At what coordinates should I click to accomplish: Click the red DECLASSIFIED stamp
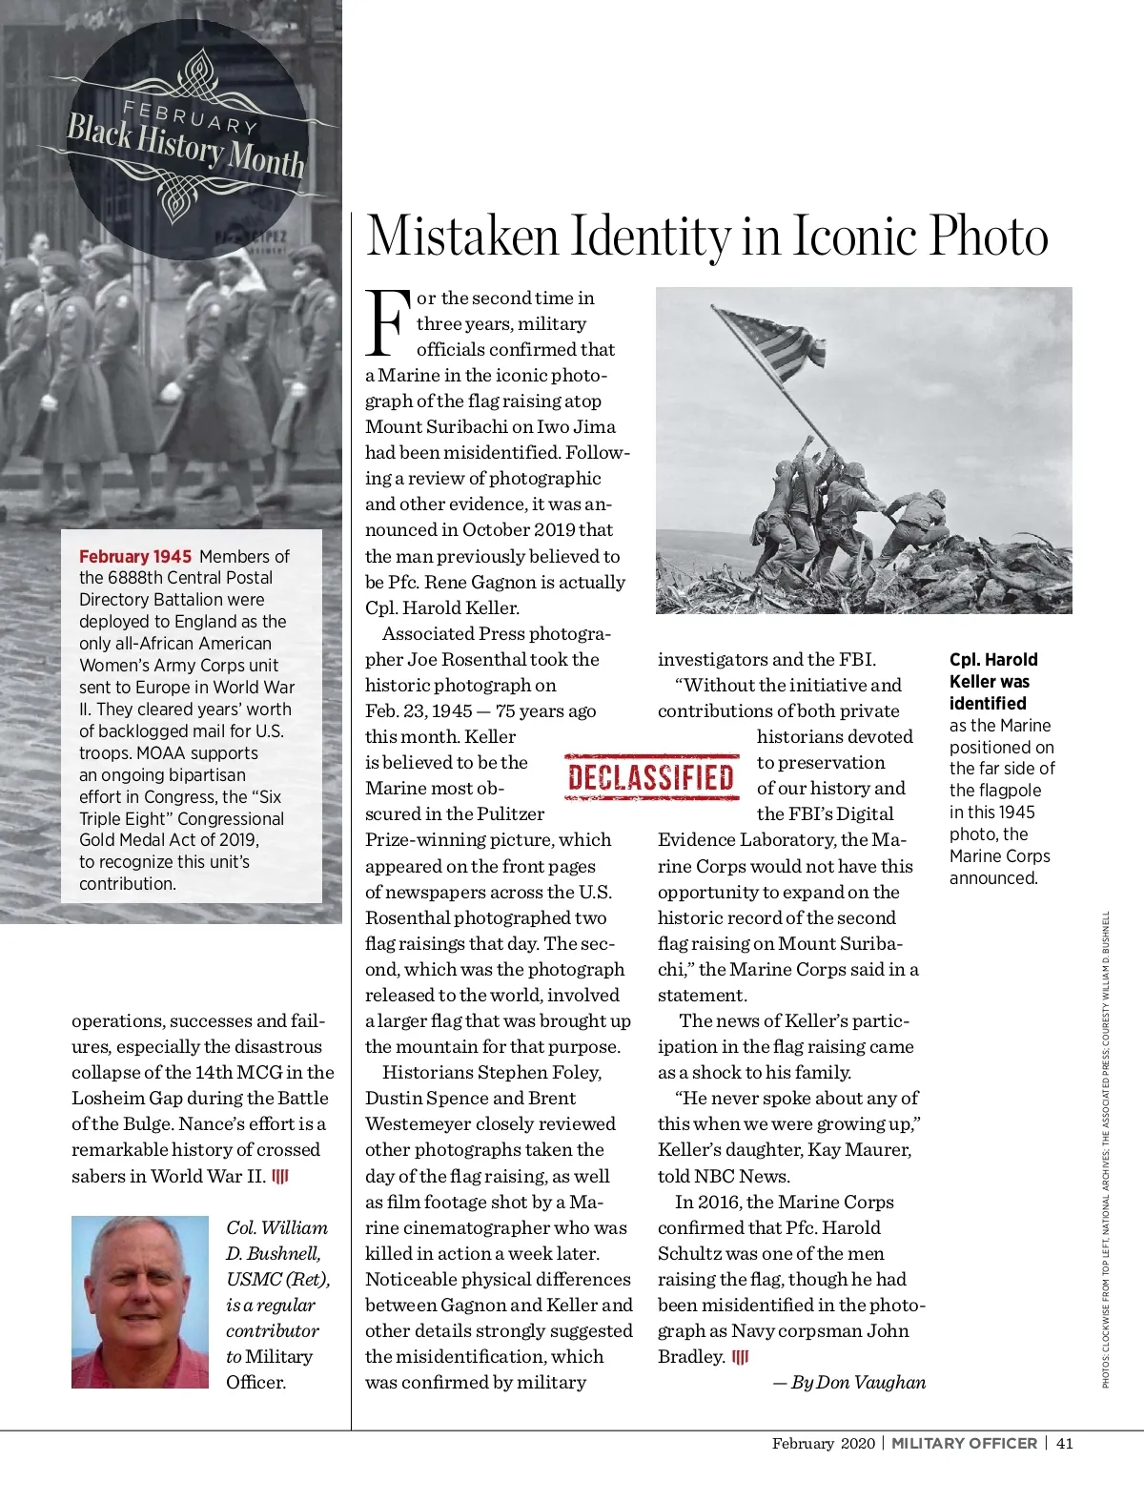652,777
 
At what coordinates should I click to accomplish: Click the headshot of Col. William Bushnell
140,1302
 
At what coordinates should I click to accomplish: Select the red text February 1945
135,556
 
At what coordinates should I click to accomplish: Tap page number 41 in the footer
1065,1443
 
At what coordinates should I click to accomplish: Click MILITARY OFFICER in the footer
964,1443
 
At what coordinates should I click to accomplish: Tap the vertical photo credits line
1106,1149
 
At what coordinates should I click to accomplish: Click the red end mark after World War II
280,1176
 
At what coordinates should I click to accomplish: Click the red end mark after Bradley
741,1357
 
